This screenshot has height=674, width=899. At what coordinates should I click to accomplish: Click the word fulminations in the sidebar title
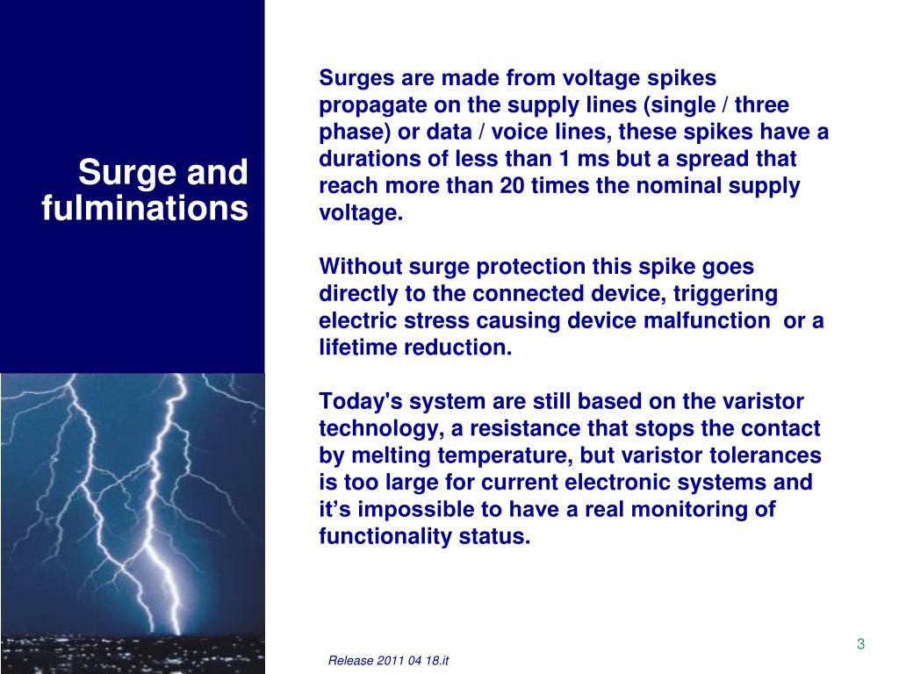145,209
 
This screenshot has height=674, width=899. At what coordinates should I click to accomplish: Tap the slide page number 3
860,644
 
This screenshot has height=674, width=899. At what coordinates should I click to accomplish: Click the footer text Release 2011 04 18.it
388,660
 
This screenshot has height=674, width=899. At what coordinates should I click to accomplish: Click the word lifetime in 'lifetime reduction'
357,348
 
